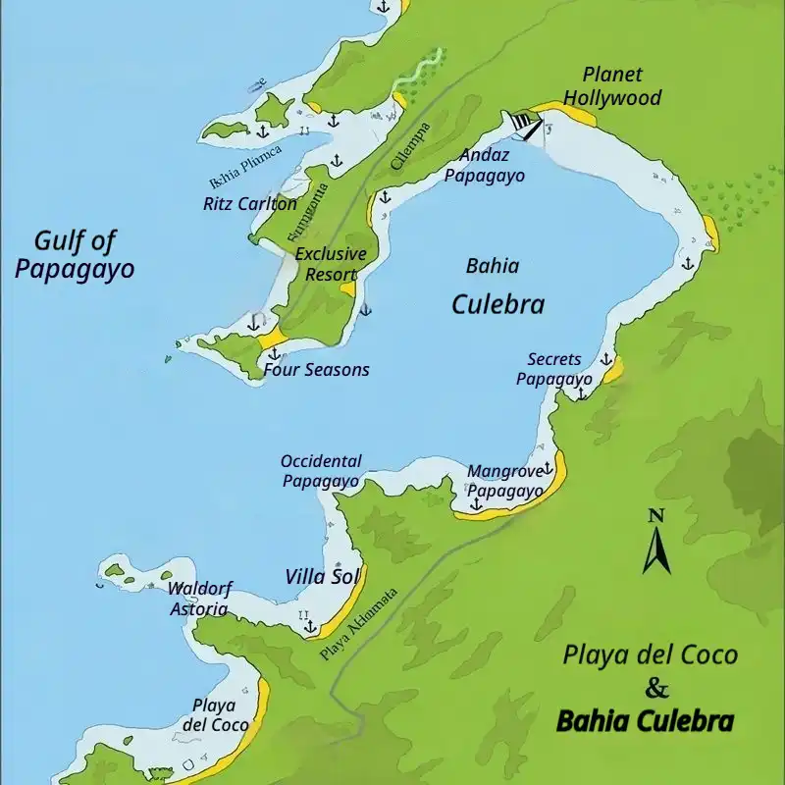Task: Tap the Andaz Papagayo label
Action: tap(484, 165)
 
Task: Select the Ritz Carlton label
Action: tap(249, 204)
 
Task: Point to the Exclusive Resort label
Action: tap(331, 263)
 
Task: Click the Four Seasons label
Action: tap(316, 370)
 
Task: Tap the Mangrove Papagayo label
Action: tap(504, 481)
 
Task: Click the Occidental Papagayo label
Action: tap(321, 470)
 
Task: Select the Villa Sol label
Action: tap(323, 576)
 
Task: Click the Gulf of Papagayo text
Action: tap(75, 254)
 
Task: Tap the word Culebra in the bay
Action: tap(497, 304)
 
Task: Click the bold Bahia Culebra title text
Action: tap(645, 722)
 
